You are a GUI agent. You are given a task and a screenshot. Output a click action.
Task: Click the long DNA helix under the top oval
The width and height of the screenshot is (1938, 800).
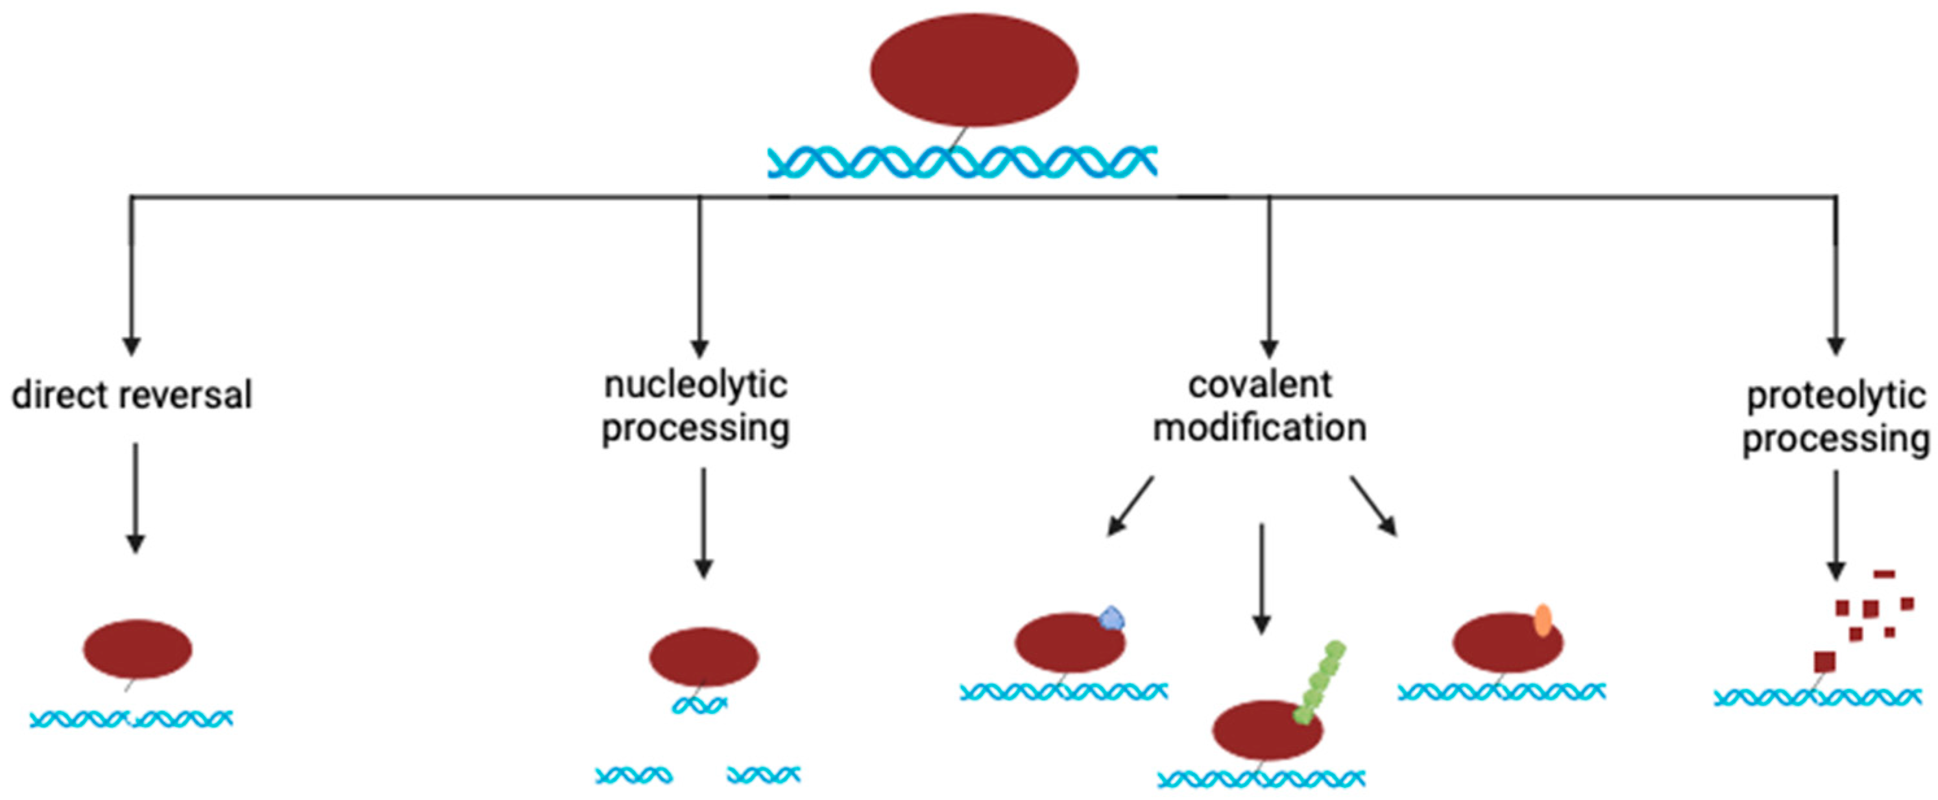pos(962,162)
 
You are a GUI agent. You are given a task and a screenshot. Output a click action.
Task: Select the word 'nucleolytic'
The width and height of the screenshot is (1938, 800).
pos(696,385)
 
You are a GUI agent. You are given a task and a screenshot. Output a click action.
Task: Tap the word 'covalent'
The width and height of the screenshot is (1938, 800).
pos(1260,385)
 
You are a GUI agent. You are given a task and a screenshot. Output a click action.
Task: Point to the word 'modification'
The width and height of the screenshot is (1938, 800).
pos(1260,428)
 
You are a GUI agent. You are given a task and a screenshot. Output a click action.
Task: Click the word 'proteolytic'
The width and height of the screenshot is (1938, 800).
pos(1835,396)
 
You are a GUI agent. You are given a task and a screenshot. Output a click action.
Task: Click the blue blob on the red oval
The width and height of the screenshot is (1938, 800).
pos(1112,618)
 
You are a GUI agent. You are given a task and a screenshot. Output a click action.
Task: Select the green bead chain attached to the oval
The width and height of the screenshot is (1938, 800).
pos(1320,681)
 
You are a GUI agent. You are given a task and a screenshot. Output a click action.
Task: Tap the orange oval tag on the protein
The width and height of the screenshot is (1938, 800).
pos(1542,620)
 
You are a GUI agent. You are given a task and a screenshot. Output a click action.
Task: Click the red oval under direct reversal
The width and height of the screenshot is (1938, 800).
pos(138,649)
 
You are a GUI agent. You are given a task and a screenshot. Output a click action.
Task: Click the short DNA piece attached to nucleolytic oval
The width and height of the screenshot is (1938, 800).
pos(699,705)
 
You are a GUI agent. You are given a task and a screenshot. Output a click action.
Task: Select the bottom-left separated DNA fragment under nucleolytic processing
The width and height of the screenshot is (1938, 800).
pos(633,775)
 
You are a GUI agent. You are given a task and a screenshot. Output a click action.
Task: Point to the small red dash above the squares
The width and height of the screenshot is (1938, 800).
pos(1884,574)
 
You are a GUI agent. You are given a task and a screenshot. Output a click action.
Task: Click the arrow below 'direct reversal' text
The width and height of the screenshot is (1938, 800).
pos(136,497)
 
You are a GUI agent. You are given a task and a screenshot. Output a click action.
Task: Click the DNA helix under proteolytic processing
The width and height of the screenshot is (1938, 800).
pos(1817,697)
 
